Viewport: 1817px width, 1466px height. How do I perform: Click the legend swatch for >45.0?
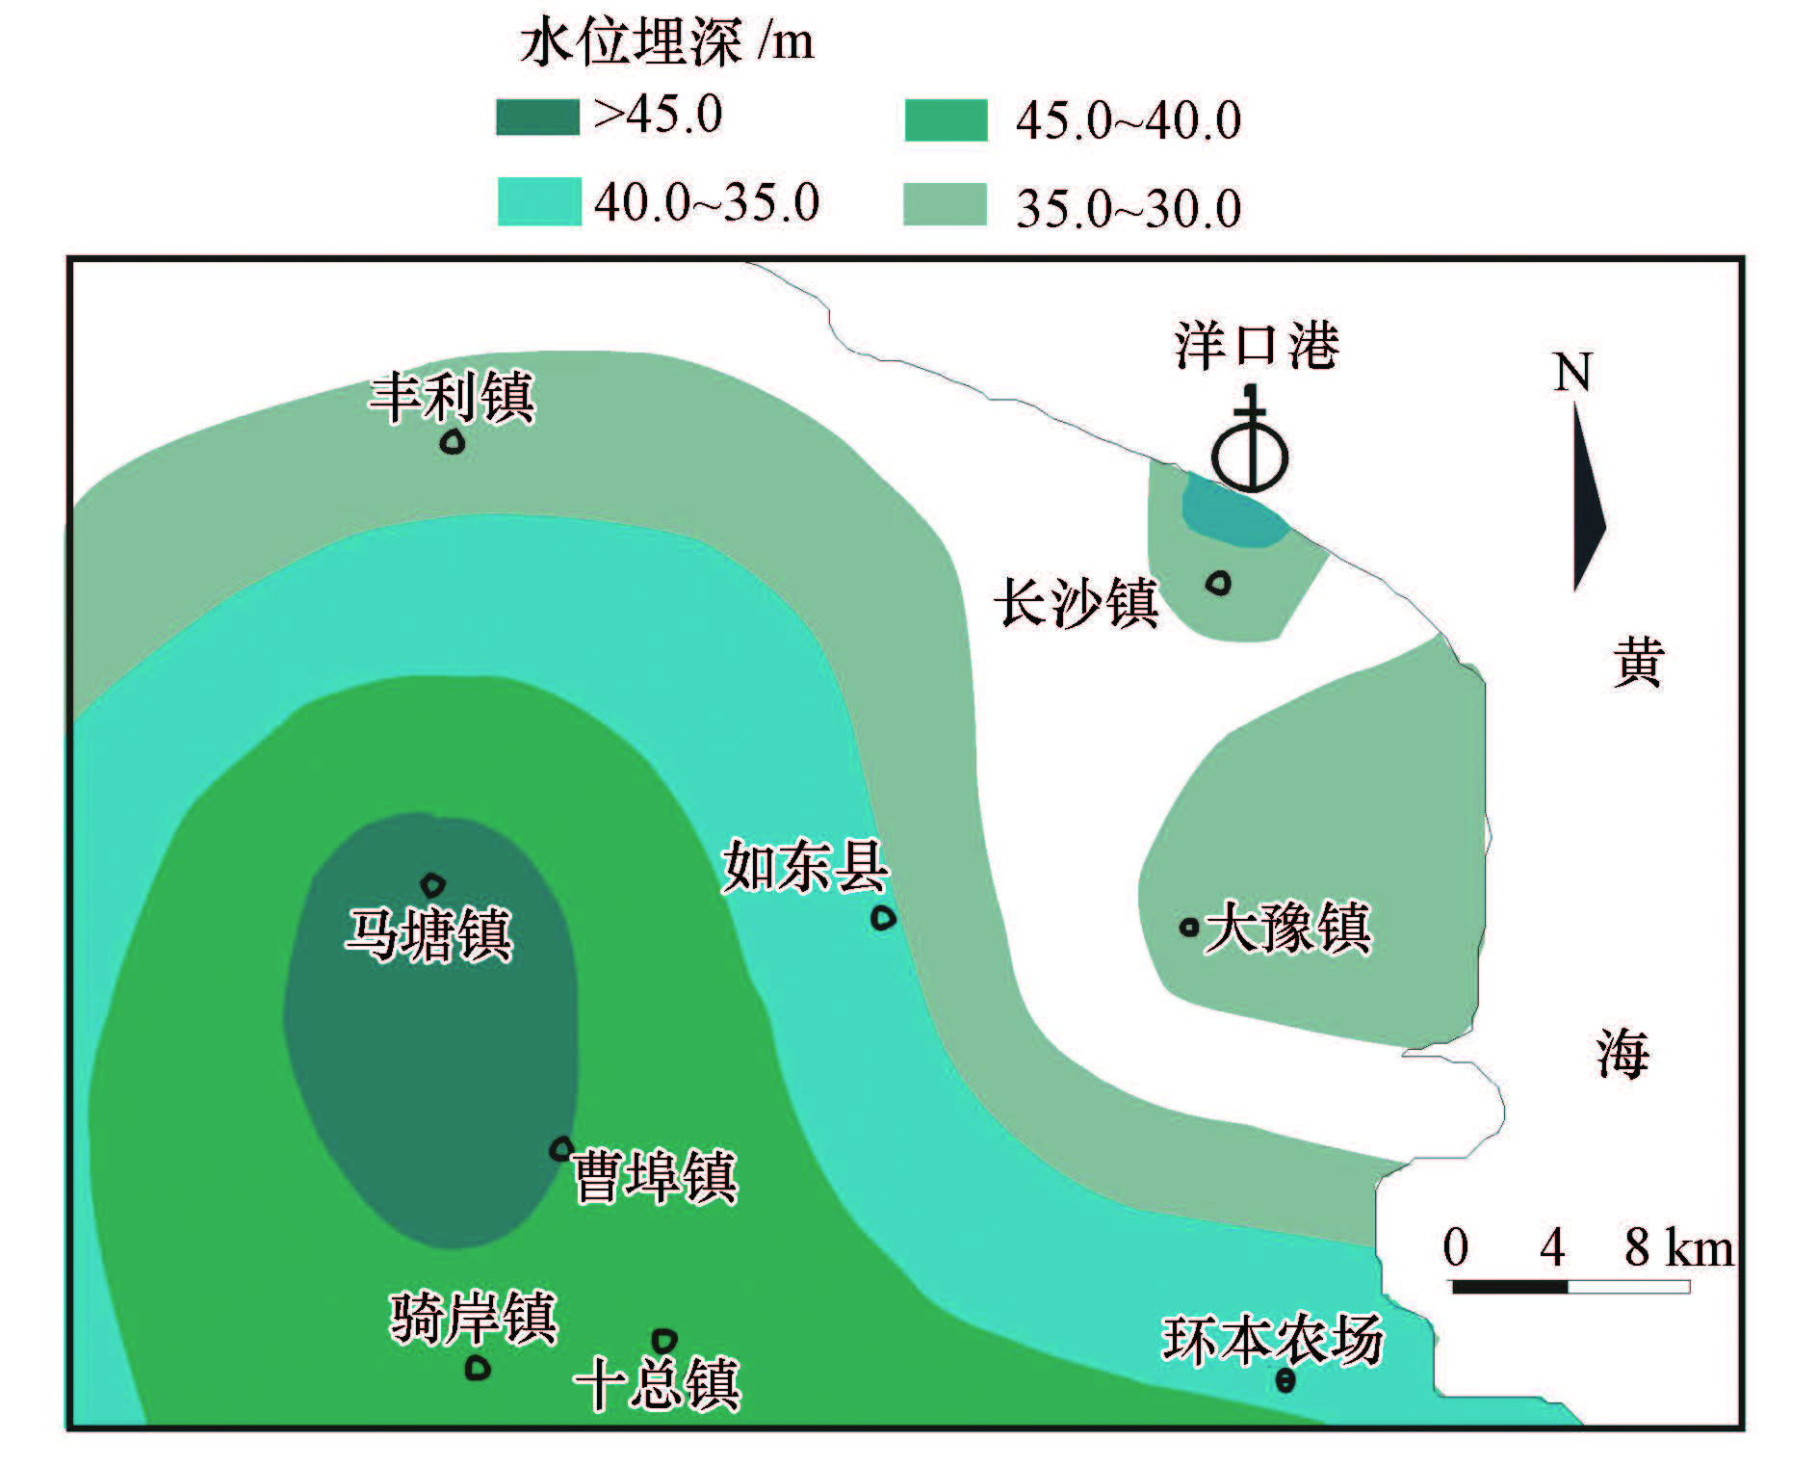coord(537,118)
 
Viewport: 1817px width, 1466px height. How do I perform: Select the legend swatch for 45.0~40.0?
coord(946,120)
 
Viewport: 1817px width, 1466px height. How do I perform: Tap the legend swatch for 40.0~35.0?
coord(539,202)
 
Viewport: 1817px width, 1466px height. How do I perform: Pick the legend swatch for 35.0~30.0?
coord(945,204)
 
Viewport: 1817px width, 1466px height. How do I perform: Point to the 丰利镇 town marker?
coord(453,442)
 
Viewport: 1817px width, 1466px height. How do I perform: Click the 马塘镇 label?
coord(429,934)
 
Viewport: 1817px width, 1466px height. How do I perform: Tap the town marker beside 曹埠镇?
coord(561,1149)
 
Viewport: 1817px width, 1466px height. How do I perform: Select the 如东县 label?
coord(805,866)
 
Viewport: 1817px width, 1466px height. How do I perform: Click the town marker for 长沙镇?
coord(1219,583)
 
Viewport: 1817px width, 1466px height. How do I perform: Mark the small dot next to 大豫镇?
coord(1189,928)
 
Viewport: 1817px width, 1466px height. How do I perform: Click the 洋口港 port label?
coord(1257,346)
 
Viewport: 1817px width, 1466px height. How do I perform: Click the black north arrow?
coord(1587,501)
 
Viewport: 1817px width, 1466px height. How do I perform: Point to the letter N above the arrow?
coord(1572,372)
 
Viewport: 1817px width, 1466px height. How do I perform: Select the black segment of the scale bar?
coord(1509,1287)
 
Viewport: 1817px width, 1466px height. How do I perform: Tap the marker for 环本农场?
coord(1285,1381)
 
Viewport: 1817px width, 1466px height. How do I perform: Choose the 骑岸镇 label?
coord(474,1318)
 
